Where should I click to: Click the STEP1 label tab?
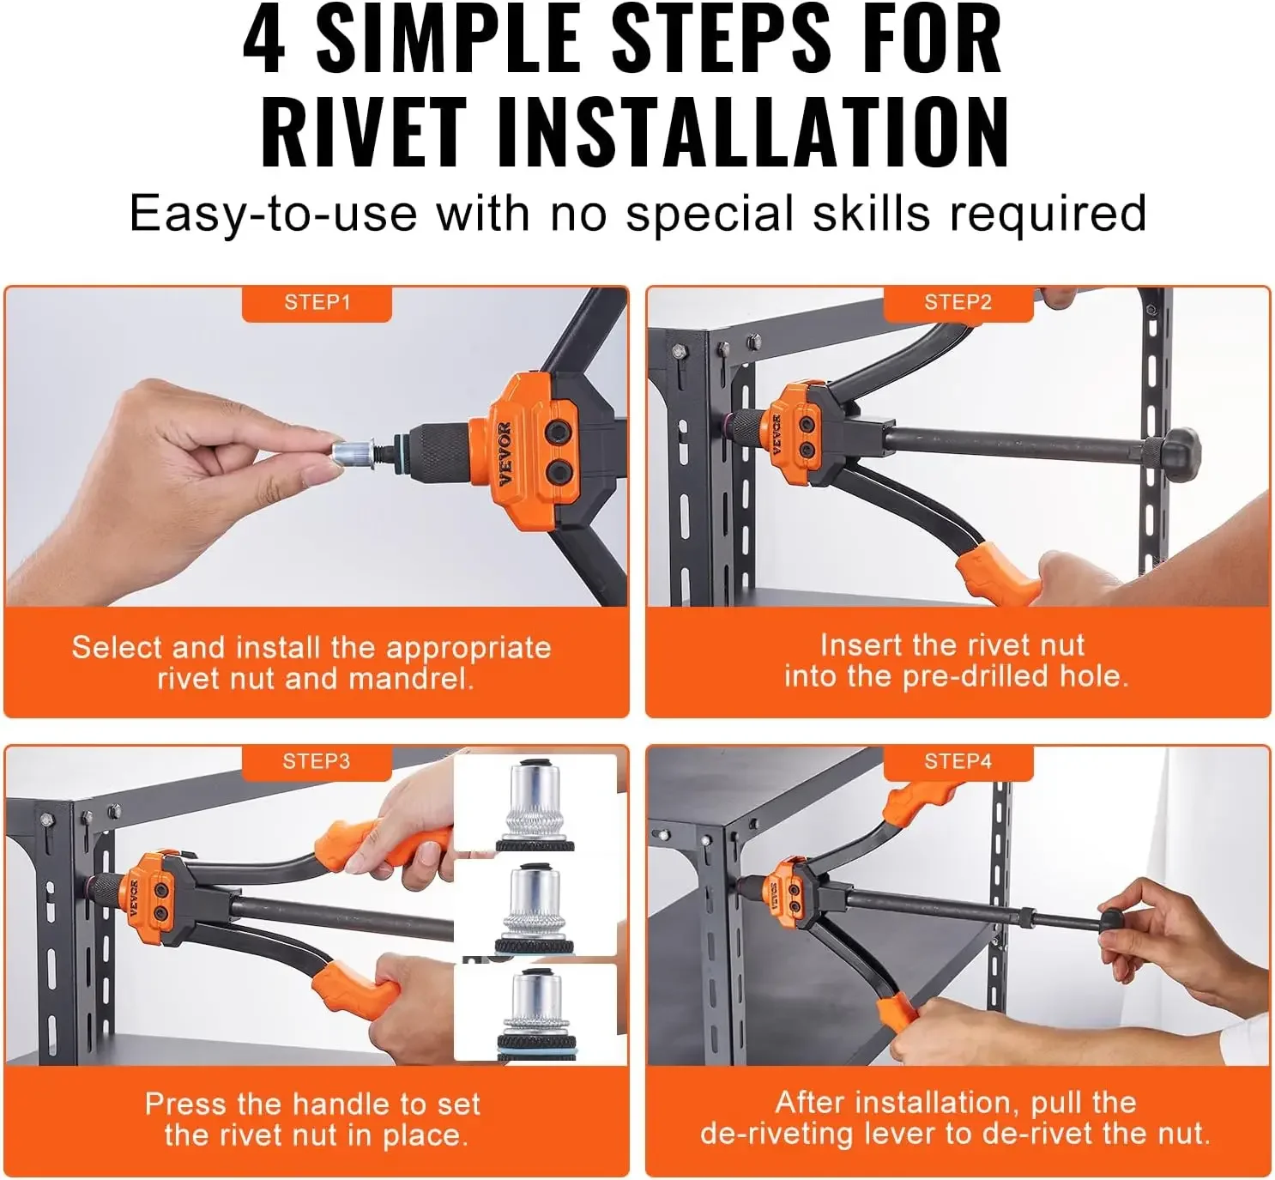[x=317, y=303]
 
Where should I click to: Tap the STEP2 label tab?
[x=958, y=303]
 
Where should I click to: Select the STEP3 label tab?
[x=317, y=761]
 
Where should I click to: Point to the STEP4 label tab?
[x=958, y=761]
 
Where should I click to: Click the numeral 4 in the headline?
[x=264, y=39]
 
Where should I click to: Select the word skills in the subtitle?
[x=870, y=213]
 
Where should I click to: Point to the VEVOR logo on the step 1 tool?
[x=504, y=454]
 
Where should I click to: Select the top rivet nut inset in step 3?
[x=535, y=805]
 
